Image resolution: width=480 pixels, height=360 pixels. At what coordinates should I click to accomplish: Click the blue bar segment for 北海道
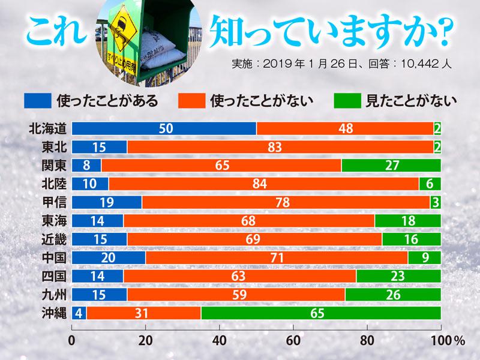(x=164, y=128)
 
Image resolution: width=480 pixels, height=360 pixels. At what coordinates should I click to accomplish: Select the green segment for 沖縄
(x=321, y=313)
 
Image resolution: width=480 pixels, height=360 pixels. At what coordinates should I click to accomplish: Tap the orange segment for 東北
(x=280, y=147)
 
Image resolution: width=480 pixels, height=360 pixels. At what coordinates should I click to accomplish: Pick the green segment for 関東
(x=391, y=166)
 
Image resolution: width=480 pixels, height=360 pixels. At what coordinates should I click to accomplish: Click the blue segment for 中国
(x=109, y=258)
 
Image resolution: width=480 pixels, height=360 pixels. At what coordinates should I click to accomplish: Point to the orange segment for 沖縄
(x=143, y=313)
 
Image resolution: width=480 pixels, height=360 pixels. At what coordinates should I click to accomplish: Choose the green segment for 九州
(x=393, y=295)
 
